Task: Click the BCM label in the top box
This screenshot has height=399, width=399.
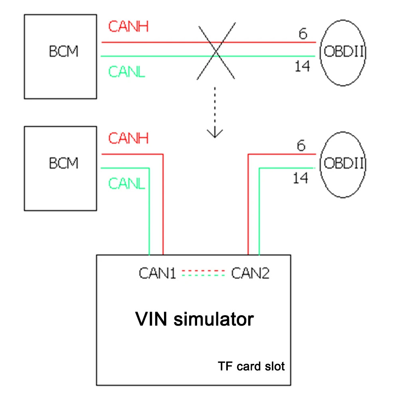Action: pyautogui.click(x=64, y=52)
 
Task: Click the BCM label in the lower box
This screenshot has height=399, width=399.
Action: pyautogui.click(x=64, y=163)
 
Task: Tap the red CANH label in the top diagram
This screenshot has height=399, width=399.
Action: pyautogui.click(x=128, y=27)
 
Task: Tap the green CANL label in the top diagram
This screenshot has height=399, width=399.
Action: pyautogui.click(x=126, y=72)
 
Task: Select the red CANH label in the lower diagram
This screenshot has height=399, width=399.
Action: pyautogui.click(x=128, y=138)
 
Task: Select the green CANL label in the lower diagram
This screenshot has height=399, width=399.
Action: pyautogui.click(x=126, y=184)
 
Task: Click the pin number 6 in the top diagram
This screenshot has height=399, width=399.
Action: pyautogui.click(x=303, y=34)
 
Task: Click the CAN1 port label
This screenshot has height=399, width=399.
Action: pyautogui.click(x=158, y=273)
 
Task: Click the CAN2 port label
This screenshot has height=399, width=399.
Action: pyautogui.click(x=250, y=273)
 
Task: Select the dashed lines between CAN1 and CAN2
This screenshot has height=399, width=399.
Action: pyautogui.click(x=203, y=273)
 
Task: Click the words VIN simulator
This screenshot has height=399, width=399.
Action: pyautogui.click(x=194, y=319)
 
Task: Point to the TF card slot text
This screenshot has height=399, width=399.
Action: pyautogui.click(x=251, y=366)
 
